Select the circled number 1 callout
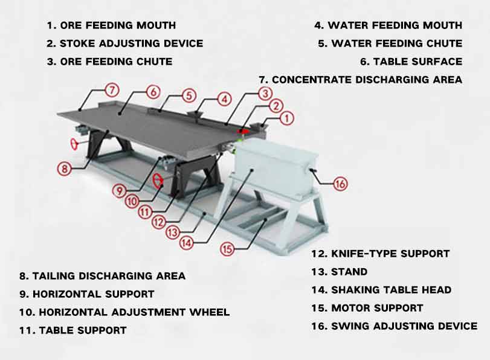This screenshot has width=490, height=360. click(287, 118)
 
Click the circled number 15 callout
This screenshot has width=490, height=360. click(227, 248)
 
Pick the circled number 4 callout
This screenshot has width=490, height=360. click(224, 98)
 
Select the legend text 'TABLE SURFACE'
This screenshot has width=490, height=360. click(417, 62)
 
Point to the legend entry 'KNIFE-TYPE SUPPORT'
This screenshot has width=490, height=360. click(389, 254)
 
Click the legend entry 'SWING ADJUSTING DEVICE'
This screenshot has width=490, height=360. click(404, 326)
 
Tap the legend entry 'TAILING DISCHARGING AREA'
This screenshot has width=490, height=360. click(109, 276)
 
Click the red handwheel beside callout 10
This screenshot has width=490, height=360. click(158, 180)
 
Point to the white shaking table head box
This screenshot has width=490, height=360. click(272, 169)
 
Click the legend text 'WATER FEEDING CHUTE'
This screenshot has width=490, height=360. click(397, 43)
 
